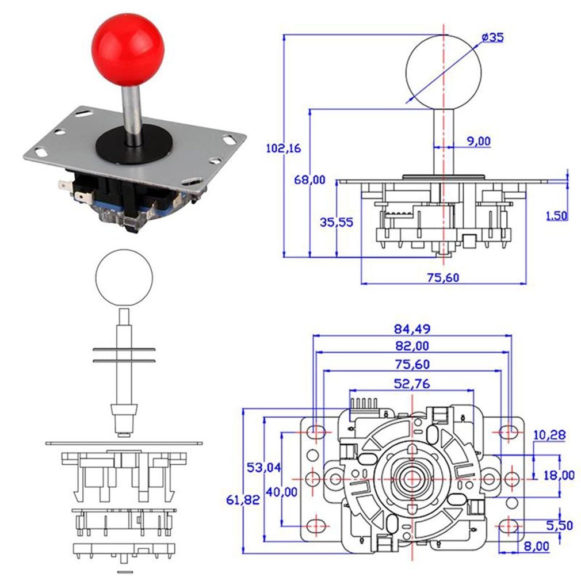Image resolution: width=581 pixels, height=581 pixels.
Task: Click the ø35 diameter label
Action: coord(492,37)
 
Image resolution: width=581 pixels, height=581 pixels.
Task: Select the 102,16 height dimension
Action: coord(283,148)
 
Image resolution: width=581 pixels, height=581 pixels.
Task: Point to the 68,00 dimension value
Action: coord(309,180)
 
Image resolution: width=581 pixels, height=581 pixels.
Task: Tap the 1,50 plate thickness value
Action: coord(556,216)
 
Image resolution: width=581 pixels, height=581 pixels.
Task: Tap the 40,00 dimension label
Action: coord(281,492)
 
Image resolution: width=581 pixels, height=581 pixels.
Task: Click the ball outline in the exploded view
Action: coord(123,278)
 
